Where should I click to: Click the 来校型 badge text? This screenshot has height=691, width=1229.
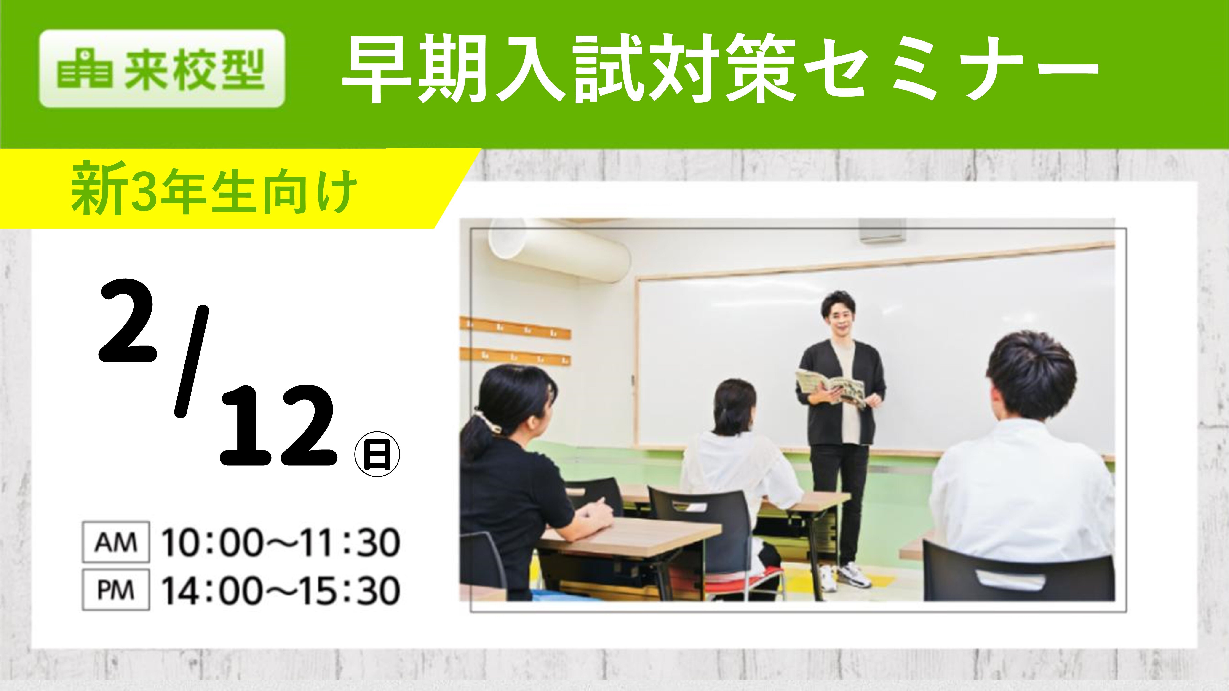click(195, 70)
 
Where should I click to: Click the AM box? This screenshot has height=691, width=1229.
click(116, 542)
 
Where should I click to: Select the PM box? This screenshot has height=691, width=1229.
click(116, 590)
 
